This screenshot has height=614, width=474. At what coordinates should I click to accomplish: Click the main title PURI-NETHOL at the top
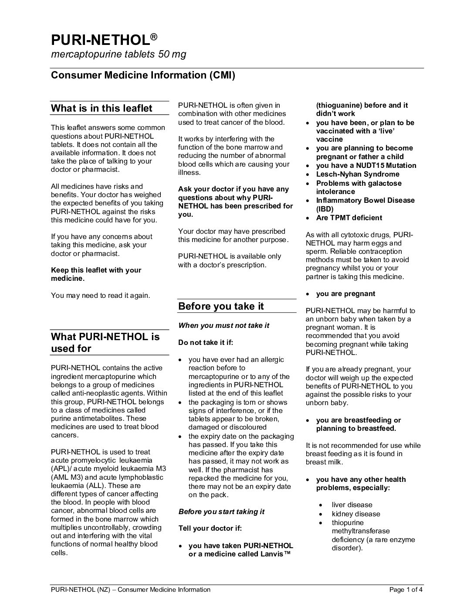pyautogui.click(x=101, y=40)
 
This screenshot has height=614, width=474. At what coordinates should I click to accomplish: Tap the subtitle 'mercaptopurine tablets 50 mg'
pyautogui.click(x=118, y=55)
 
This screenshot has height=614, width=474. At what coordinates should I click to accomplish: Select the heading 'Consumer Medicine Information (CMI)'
pyautogui.click(x=143, y=75)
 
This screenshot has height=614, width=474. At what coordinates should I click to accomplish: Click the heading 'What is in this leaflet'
pyautogui.click(x=102, y=108)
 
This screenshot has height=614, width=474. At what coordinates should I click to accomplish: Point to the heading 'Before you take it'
pyautogui.click(x=221, y=306)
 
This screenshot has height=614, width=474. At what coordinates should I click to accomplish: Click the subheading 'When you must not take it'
pyautogui.click(x=224, y=325)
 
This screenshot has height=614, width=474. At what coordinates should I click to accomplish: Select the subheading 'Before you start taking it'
pyautogui.click(x=221, y=512)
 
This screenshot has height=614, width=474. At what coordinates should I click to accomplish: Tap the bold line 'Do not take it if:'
pyautogui.click(x=206, y=342)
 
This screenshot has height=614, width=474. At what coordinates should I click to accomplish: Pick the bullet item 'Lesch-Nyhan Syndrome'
pyautogui.click(x=358, y=174)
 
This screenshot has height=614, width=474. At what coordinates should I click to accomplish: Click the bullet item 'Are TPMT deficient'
pyautogui.click(x=349, y=218)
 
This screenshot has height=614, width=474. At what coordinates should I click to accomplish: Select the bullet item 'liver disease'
pyautogui.click(x=352, y=505)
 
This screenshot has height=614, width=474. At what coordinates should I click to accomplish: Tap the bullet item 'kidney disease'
pyautogui.click(x=356, y=514)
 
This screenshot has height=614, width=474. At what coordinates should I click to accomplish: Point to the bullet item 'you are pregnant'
pyautogui.click(x=345, y=293)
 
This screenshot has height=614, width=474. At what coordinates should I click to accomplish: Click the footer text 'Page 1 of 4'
pyautogui.click(x=406, y=590)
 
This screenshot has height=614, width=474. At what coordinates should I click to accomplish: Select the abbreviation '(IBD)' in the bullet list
pyautogui.click(x=325, y=209)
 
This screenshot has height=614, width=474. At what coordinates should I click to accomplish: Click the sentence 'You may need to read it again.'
pyautogui.click(x=101, y=295)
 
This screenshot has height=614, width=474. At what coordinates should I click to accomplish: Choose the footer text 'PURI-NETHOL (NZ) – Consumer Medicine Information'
pyautogui.click(x=131, y=590)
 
